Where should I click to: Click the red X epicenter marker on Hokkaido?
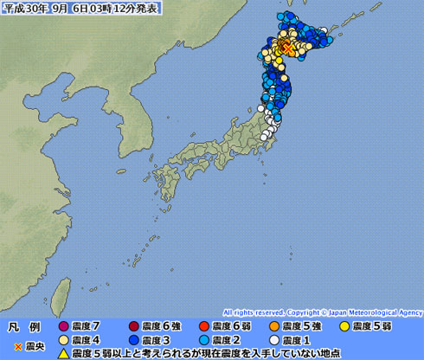point(286,46)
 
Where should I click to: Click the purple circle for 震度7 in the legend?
point(62,326)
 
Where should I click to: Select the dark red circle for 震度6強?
point(134,326)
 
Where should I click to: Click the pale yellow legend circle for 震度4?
point(62,340)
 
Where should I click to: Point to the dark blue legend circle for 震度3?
point(134,340)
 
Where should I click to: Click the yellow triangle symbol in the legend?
point(62,353)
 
